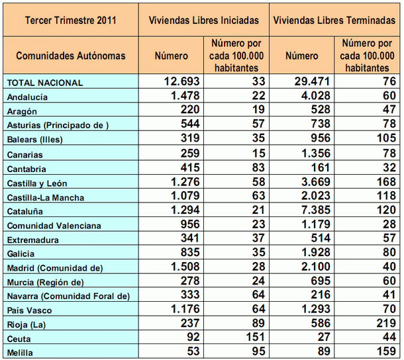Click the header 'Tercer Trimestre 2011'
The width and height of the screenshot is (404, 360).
point(70,20)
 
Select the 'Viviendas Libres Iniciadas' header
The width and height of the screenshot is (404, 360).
point(204,20)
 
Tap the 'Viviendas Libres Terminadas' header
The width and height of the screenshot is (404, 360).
point(335,20)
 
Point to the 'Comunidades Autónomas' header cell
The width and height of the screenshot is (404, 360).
point(70,56)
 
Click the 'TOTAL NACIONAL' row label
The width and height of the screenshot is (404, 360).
point(44,83)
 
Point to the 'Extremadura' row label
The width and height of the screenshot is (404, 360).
point(31,240)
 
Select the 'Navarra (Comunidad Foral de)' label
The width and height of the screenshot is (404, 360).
point(68,296)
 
